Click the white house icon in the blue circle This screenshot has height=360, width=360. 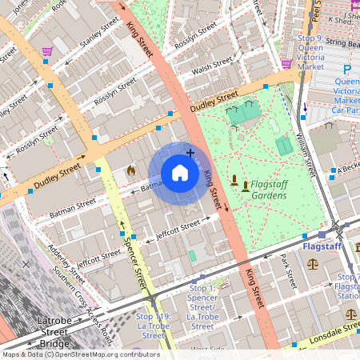[x=180, y=174]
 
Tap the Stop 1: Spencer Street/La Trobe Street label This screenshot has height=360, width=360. [x=202, y=306]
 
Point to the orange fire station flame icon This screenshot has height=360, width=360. [x=131, y=170]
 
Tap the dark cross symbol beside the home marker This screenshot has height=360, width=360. [x=190, y=152]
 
